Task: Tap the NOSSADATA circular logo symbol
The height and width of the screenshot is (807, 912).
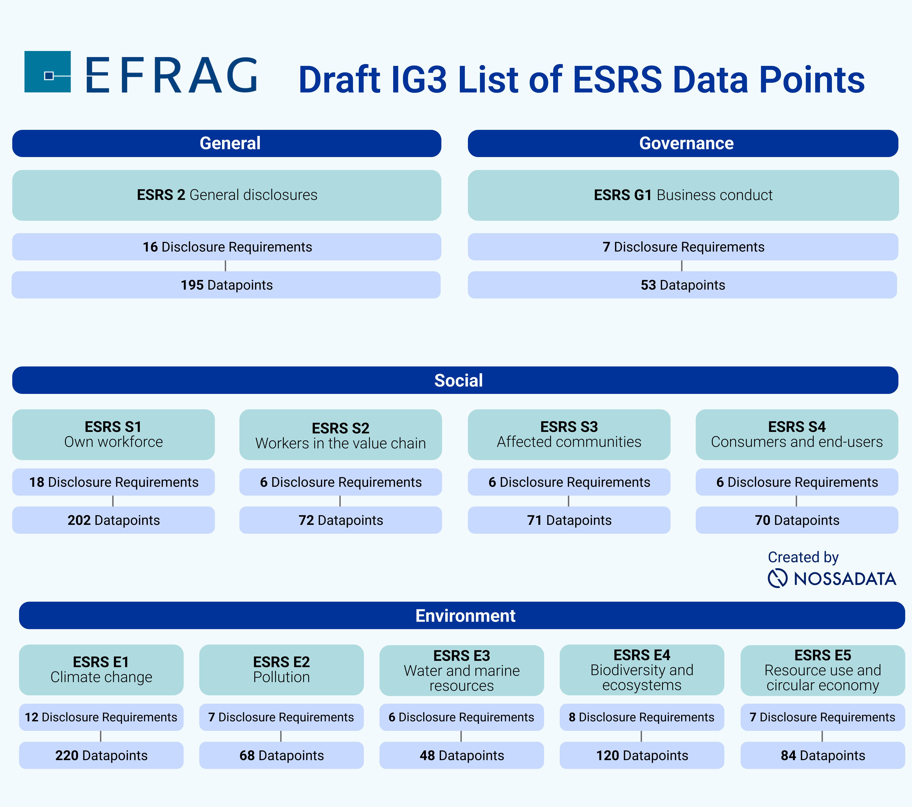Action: click(x=777, y=578)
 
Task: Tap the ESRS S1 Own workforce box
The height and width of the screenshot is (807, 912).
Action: click(x=113, y=434)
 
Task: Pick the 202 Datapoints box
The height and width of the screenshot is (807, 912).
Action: click(x=113, y=520)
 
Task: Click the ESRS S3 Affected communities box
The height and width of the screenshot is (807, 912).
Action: click(x=569, y=434)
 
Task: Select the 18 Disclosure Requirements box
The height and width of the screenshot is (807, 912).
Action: click(x=113, y=482)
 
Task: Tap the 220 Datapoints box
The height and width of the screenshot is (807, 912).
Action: click(x=101, y=755)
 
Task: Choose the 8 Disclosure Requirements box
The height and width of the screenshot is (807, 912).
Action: click(x=642, y=717)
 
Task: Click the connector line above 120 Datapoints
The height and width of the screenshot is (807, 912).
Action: click(x=641, y=736)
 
